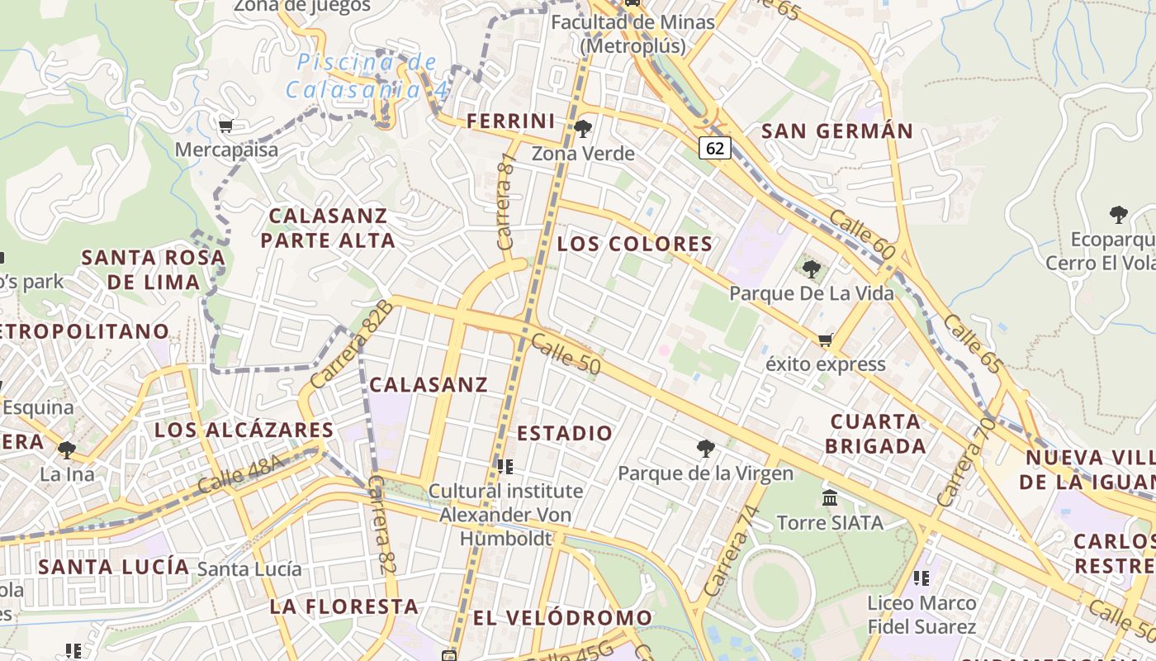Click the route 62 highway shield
[x=715, y=148]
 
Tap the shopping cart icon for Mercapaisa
[x=225, y=126]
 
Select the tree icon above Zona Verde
[x=583, y=128]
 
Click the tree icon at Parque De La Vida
[x=812, y=269]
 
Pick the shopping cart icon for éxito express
[x=824, y=340]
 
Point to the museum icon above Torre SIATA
[x=830, y=497]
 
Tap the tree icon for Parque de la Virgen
[x=705, y=448]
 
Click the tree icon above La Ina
[x=66, y=450]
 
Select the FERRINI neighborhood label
[x=511, y=121]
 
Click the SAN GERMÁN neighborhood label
[x=837, y=131]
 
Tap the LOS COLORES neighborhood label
[x=634, y=244]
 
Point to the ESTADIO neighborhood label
[x=565, y=433]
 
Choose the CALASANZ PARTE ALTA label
[x=328, y=228]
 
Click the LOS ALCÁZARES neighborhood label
[x=244, y=430]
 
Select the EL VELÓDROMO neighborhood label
[x=562, y=618]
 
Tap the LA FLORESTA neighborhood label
[x=343, y=606]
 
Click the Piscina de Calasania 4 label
[x=367, y=76]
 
